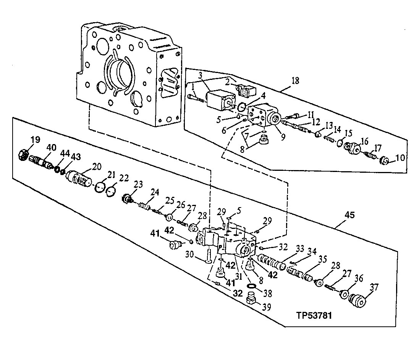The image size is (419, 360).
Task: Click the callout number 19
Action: pyautogui.click(x=35, y=140)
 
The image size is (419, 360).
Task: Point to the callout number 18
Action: pyautogui.click(x=295, y=81)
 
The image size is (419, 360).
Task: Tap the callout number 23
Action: pyautogui.click(x=138, y=185)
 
